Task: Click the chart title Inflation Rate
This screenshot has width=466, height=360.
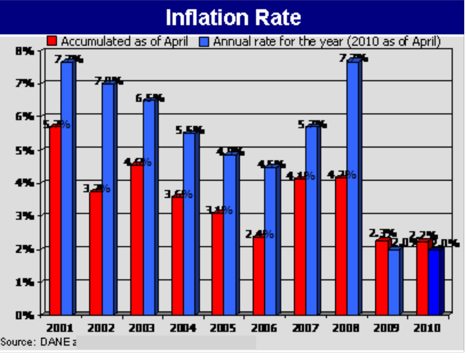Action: [233, 18]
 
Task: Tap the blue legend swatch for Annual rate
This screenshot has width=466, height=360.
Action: [205, 41]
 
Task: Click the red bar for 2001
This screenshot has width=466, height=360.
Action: [55, 221]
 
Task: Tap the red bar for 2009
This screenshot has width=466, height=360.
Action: [382, 278]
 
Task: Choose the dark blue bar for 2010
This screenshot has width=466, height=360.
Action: [434, 282]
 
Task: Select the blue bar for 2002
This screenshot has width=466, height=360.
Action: [107, 199]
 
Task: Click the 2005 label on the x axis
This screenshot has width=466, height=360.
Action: [222, 328]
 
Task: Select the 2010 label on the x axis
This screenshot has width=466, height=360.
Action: [427, 328]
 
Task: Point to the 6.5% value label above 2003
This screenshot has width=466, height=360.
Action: [150, 98]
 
